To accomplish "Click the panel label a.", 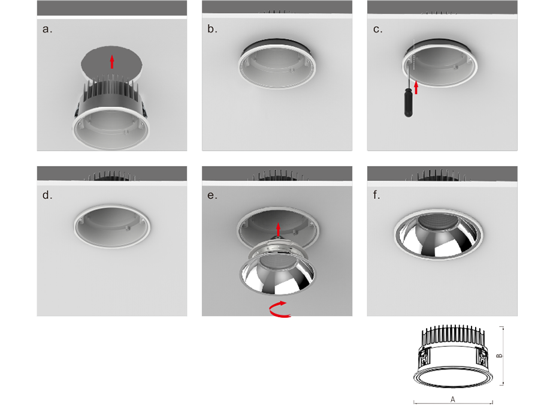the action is pos(47,29).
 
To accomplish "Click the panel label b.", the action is pos(212,29).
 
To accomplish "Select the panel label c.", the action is pos(377,29).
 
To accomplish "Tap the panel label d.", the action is pos(47,195).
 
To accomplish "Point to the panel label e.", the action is pos(212,196).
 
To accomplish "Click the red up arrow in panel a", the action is pos(112,61).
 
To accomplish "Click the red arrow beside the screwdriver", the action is pos(416,88).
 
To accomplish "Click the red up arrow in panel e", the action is pos(279,229).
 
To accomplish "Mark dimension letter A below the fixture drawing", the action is pos(453,399).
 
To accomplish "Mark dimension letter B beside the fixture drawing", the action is pos(499,356).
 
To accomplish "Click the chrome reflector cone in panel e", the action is pos(277,274).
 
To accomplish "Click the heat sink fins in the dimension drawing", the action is pos(453,335).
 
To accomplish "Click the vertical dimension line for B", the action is pos(503,356).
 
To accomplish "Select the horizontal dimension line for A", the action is pos(453,403).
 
